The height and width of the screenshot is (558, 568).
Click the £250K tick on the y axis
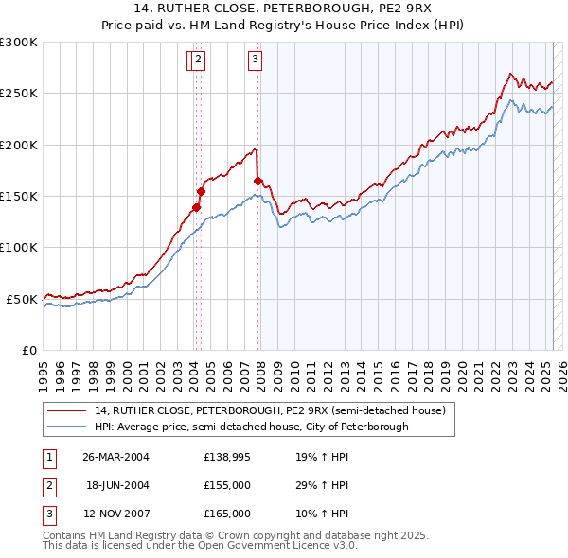[x=19, y=94]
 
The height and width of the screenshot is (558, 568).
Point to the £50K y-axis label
[x=22, y=299]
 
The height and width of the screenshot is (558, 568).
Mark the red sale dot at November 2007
[x=257, y=181]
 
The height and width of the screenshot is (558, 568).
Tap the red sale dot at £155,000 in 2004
[x=201, y=191]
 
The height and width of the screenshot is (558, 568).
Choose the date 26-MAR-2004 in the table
[x=115, y=458]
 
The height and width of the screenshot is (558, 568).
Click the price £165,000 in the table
[x=227, y=514]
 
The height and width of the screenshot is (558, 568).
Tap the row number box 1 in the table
[x=48, y=458]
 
